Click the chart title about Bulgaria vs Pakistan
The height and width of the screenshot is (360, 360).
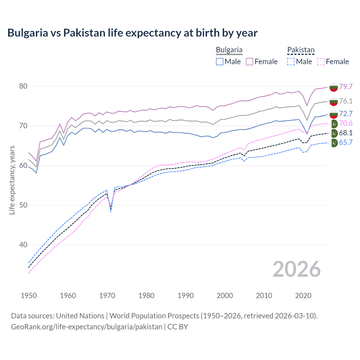[x=132, y=33]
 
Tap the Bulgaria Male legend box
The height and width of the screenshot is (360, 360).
[x=220, y=62]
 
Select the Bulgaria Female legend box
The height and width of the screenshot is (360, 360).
[x=249, y=62]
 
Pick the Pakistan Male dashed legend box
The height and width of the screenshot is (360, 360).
[x=291, y=62]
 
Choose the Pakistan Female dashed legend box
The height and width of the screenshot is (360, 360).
[x=321, y=62]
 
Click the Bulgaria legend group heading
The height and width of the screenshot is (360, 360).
[x=229, y=50]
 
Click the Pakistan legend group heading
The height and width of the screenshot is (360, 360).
[x=301, y=50]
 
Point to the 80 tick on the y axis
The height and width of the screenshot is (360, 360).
[x=23, y=86]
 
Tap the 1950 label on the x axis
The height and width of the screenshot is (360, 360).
[x=29, y=296]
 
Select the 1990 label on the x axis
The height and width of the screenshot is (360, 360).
[x=186, y=296]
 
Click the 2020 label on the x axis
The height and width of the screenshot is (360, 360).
[x=303, y=296]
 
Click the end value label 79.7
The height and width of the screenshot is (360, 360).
[x=346, y=87]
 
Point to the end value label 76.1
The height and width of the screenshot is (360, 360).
[x=346, y=101]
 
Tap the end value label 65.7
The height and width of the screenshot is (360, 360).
[x=346, y=142]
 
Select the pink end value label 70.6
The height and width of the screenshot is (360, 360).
[x=346, y=123]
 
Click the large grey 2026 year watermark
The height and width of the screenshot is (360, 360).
[x=296, y=269]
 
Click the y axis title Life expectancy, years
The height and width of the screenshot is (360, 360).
[x=12, y=180]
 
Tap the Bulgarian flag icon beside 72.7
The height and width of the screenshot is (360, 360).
[x=334, y=114]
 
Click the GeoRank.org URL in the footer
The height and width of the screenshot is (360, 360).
[x=87, y=327]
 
